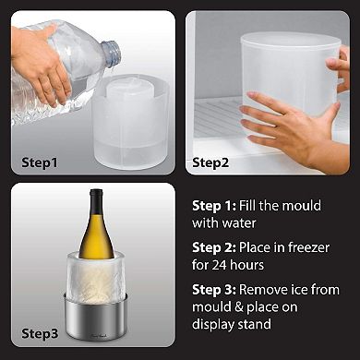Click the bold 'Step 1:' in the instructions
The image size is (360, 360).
[212, 206]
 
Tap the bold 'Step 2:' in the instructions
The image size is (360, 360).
[213, 248]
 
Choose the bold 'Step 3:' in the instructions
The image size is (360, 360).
[213, 291]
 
